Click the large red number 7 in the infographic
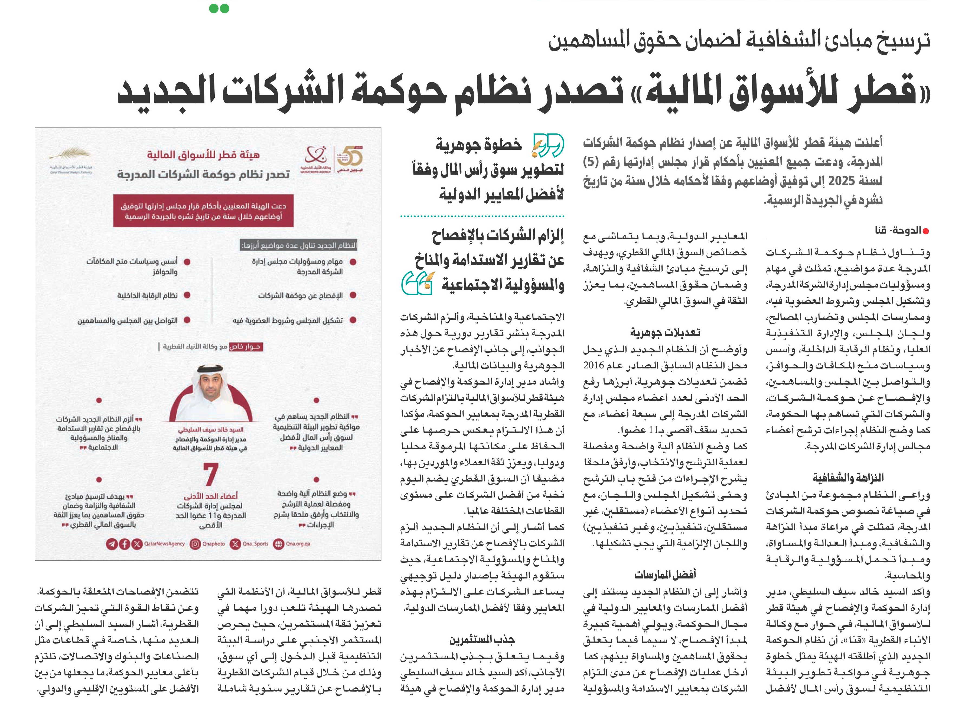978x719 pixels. click(x=211, y=474)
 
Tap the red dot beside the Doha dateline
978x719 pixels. click(x=926, y=231)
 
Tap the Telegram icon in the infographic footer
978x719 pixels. click(x=112, y=544)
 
